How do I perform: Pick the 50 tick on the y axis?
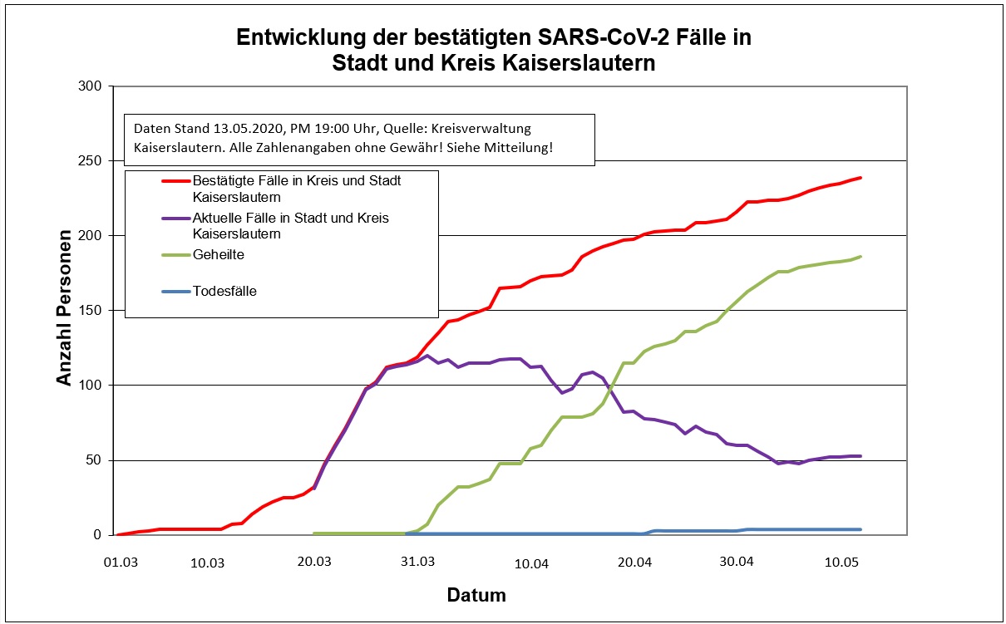[94, 460]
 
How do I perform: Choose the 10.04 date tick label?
[532, 564]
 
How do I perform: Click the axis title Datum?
[476, 596]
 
